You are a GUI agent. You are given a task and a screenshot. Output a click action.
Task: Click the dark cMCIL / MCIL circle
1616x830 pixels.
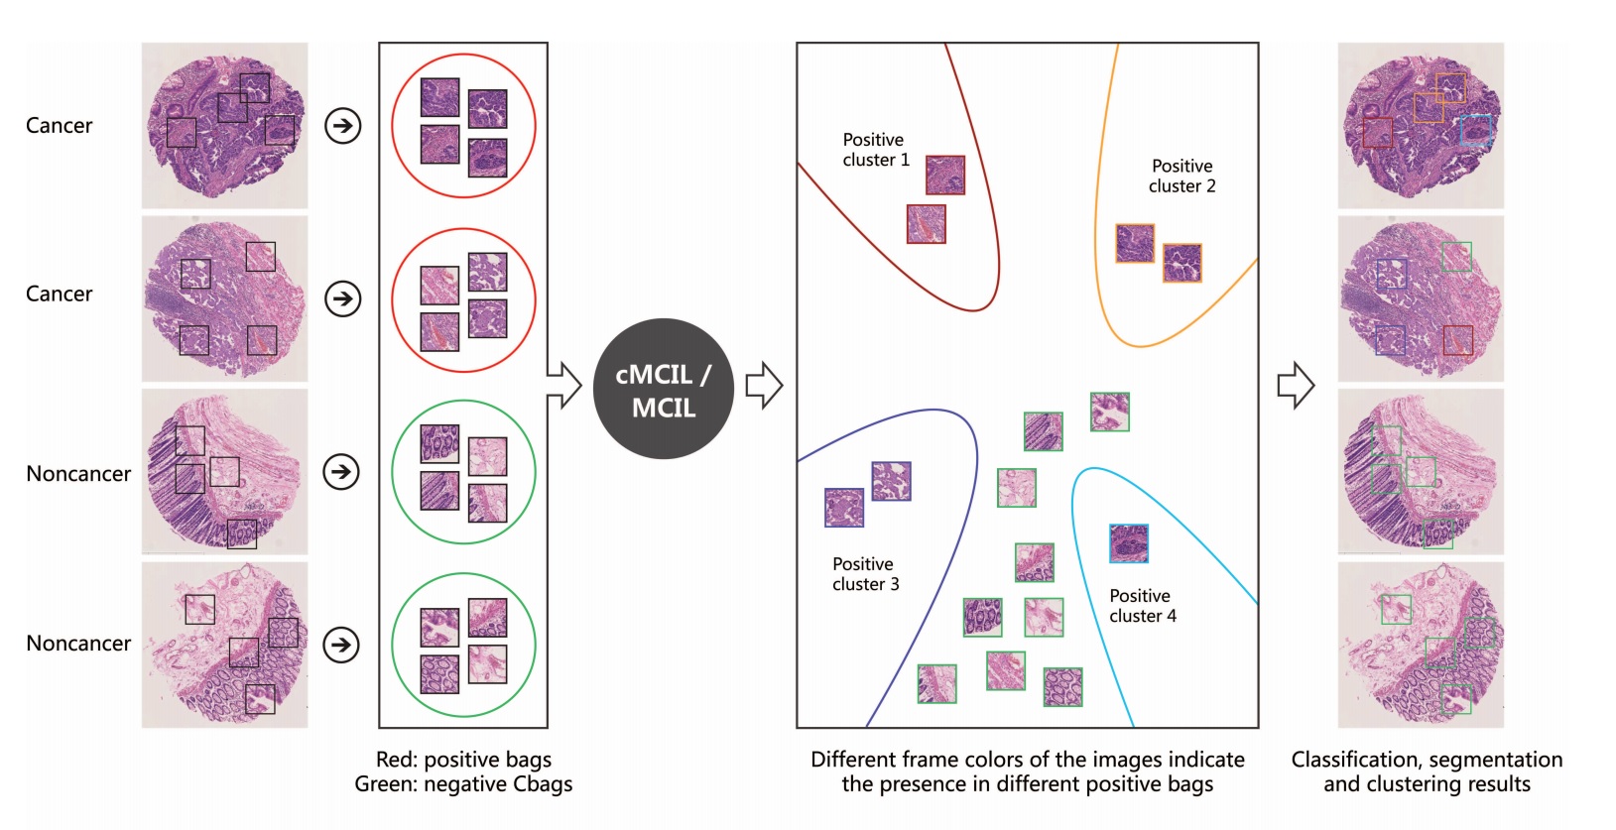pos(663,389)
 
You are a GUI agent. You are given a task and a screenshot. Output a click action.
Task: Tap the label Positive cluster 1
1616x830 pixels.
pos(875,150)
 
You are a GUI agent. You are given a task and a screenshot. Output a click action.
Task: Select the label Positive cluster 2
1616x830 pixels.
pos(1181,176)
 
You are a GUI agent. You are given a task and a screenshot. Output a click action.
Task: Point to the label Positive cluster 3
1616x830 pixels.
pos(865,574)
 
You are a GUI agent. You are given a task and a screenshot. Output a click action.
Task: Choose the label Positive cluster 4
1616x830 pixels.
pos(1142,606)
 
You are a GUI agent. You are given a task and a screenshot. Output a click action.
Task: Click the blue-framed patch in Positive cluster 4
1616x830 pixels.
pos(1129,543)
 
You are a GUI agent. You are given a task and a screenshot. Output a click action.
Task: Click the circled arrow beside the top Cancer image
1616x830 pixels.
pos(343,126)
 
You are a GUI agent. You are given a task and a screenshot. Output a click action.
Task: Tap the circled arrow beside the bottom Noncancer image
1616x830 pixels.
pos(341,645)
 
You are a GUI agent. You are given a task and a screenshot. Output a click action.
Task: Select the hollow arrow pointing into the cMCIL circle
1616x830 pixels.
pos(564,385)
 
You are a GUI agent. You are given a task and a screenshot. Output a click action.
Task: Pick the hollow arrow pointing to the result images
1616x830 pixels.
pos(1295,386)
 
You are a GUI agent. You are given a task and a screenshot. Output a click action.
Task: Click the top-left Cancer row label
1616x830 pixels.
pos(60,126)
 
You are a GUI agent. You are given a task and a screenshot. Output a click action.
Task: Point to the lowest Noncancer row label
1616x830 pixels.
pos(78,644)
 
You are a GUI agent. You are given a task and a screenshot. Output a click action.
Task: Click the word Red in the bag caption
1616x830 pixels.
pos(395,760)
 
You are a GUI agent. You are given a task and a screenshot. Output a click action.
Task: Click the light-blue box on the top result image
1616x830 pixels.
pos(1475,130)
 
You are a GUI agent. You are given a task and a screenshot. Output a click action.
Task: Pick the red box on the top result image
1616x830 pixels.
pos(1377,133)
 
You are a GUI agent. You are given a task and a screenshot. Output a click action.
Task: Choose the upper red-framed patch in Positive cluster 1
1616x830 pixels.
pos(945,175)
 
